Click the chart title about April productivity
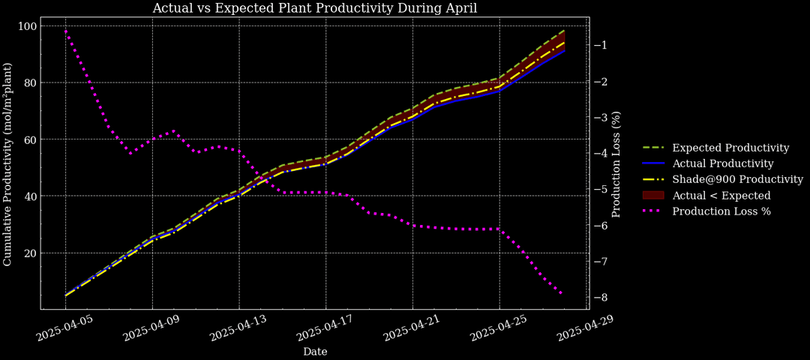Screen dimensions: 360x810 click(x=314, y=8)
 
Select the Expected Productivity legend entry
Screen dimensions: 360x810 click(x=730, y=148)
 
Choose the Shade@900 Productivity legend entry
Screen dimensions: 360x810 click(x=737, y=179)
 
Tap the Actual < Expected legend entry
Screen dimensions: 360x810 click(x=721, y=195)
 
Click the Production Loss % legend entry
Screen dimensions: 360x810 click(x=721, y=211)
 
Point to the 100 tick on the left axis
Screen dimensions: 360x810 click(x=27, y=26)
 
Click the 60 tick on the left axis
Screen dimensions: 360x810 click(x=30, y=139)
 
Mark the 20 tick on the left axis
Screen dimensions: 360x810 click(x=30, y=253)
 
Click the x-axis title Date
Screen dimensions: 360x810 click(x=315, y=351)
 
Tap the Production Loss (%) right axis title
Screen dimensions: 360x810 click(x=616, y=164)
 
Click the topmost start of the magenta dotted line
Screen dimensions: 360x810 click(x=66, y=31)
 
